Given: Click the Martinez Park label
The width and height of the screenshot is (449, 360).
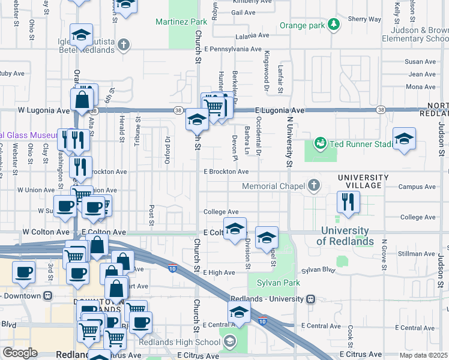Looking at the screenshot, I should click(x=181, y=22).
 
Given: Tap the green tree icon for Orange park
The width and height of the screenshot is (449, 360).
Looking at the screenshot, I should click(x=334, y=25).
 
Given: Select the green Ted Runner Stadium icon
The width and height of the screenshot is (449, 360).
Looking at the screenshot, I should click(x=319, y=143).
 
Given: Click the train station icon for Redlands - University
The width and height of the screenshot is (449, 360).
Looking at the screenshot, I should click(x=310, y=299).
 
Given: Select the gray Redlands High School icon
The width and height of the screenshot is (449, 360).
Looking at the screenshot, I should click(x=228, y=342).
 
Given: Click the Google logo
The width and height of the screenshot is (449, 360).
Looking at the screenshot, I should click(x=20, y=353).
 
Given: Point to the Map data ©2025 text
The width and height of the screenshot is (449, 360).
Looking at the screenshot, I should click(x=423, y=355).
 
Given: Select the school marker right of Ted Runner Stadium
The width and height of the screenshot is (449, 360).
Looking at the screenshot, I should click(x=404, y=139).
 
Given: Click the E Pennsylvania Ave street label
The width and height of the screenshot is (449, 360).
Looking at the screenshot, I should click(x=232, y=49).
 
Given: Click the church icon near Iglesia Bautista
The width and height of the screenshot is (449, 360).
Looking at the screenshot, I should click(x=124, y=44).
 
